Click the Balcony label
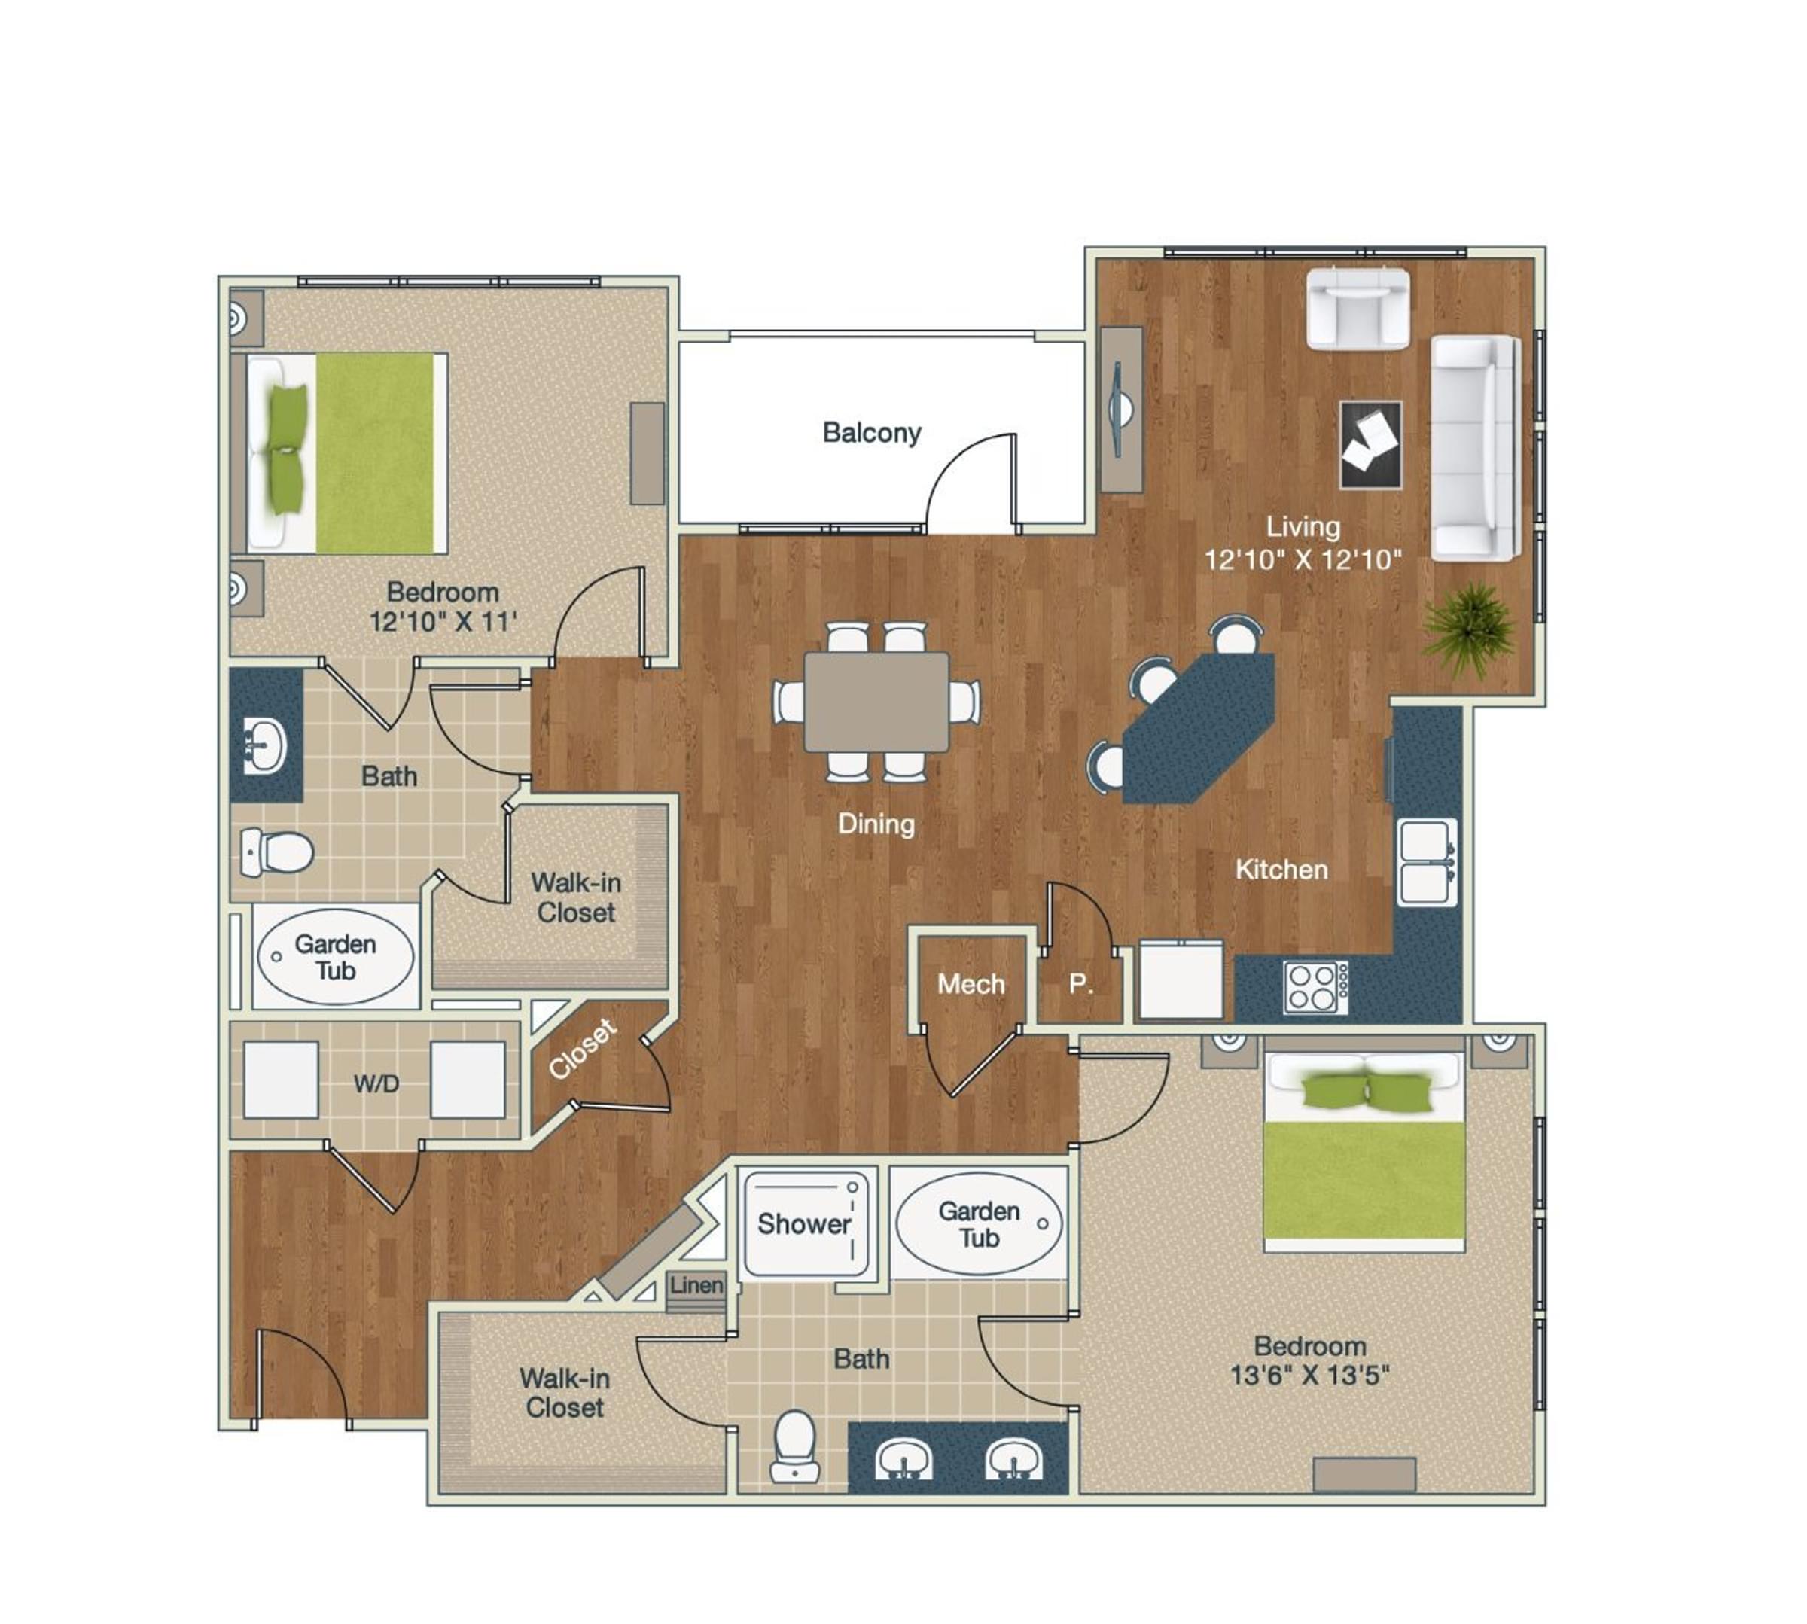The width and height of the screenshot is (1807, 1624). click(x=871, y=433)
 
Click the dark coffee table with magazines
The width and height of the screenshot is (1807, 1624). click(x=1370, y=444)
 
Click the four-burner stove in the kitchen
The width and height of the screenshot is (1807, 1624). click(x=1315, y=987)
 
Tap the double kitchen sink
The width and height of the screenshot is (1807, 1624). click(x=1425, y=862)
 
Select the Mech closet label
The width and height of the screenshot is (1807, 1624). click(x=970, y=984)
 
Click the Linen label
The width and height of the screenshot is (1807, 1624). click(x=696, y=1286)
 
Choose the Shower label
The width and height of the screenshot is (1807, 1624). click(x=803, y=1223)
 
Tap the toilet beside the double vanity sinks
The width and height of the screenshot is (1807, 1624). click(x=794, y=1446)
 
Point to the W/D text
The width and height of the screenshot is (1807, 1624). click(x=376, y=1084)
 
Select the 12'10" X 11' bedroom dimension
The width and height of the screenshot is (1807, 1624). click(x=443, y=621)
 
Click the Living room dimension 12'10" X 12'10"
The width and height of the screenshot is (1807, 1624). click(x=1302, y=559)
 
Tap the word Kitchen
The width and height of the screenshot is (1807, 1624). click(x=1281, y=869)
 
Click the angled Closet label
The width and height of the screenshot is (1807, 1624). click(x=582, y=1049)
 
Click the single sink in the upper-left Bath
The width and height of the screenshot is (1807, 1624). click(x=264, y=746)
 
